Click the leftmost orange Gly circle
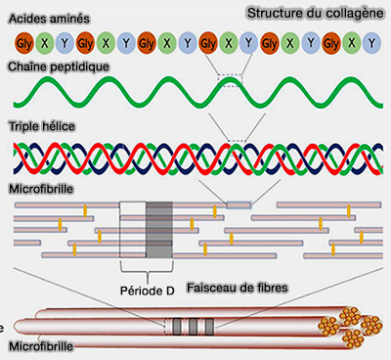click(22, 44)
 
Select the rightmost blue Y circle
click(371, 44)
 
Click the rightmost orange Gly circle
click(330, 44)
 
